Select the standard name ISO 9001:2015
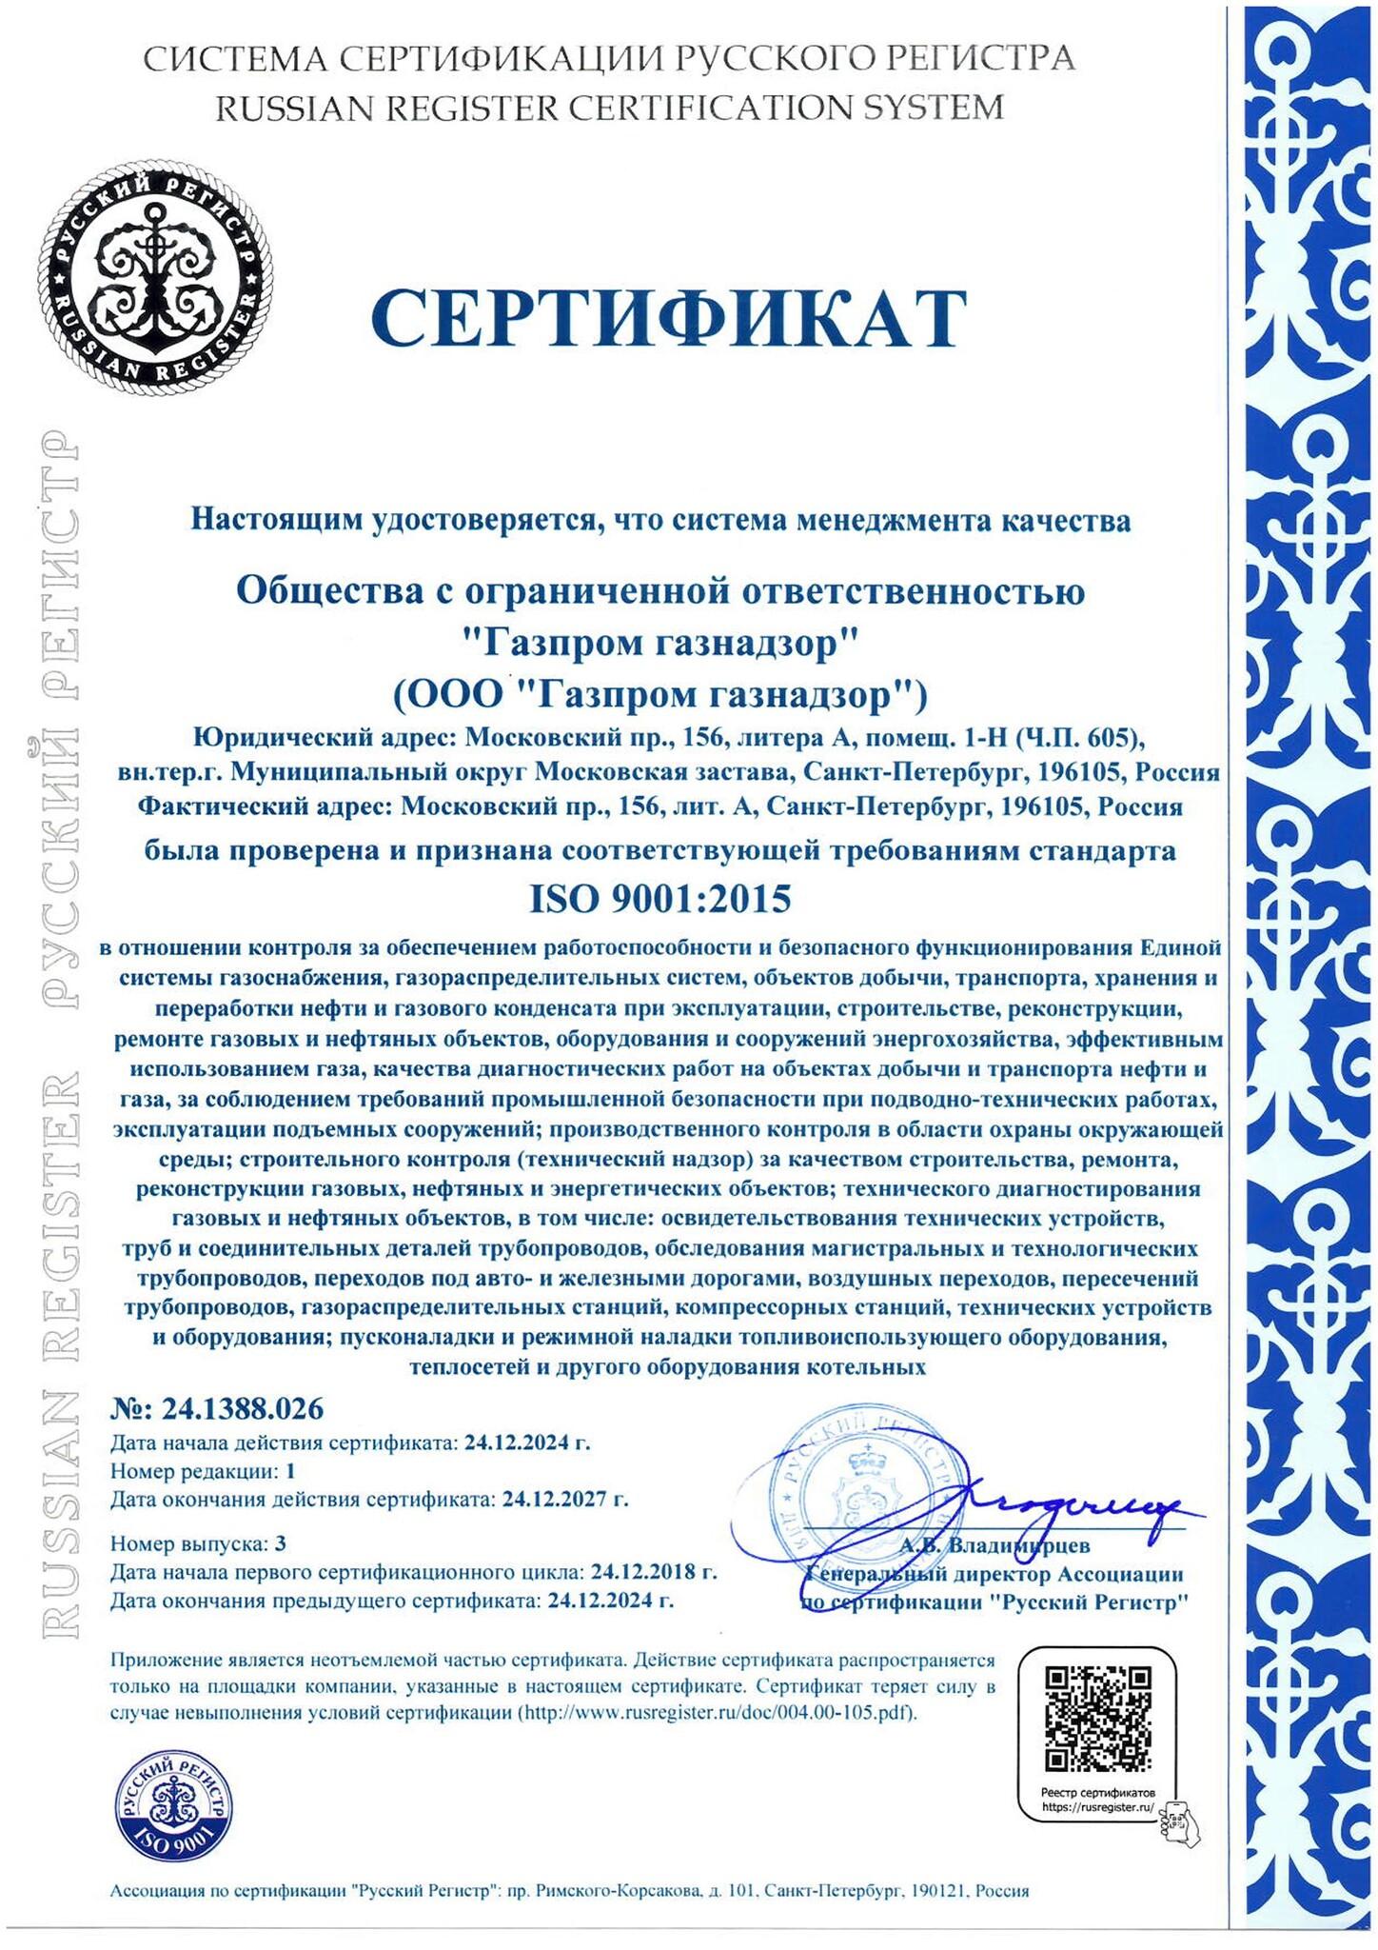coord(659,898)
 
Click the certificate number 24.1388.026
coord(243,1408)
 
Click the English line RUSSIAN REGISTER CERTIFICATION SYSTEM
coord(609,108)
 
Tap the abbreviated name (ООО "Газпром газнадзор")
coord(659,695)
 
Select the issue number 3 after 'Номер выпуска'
coord(280,1542)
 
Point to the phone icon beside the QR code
coord(1178,1818)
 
